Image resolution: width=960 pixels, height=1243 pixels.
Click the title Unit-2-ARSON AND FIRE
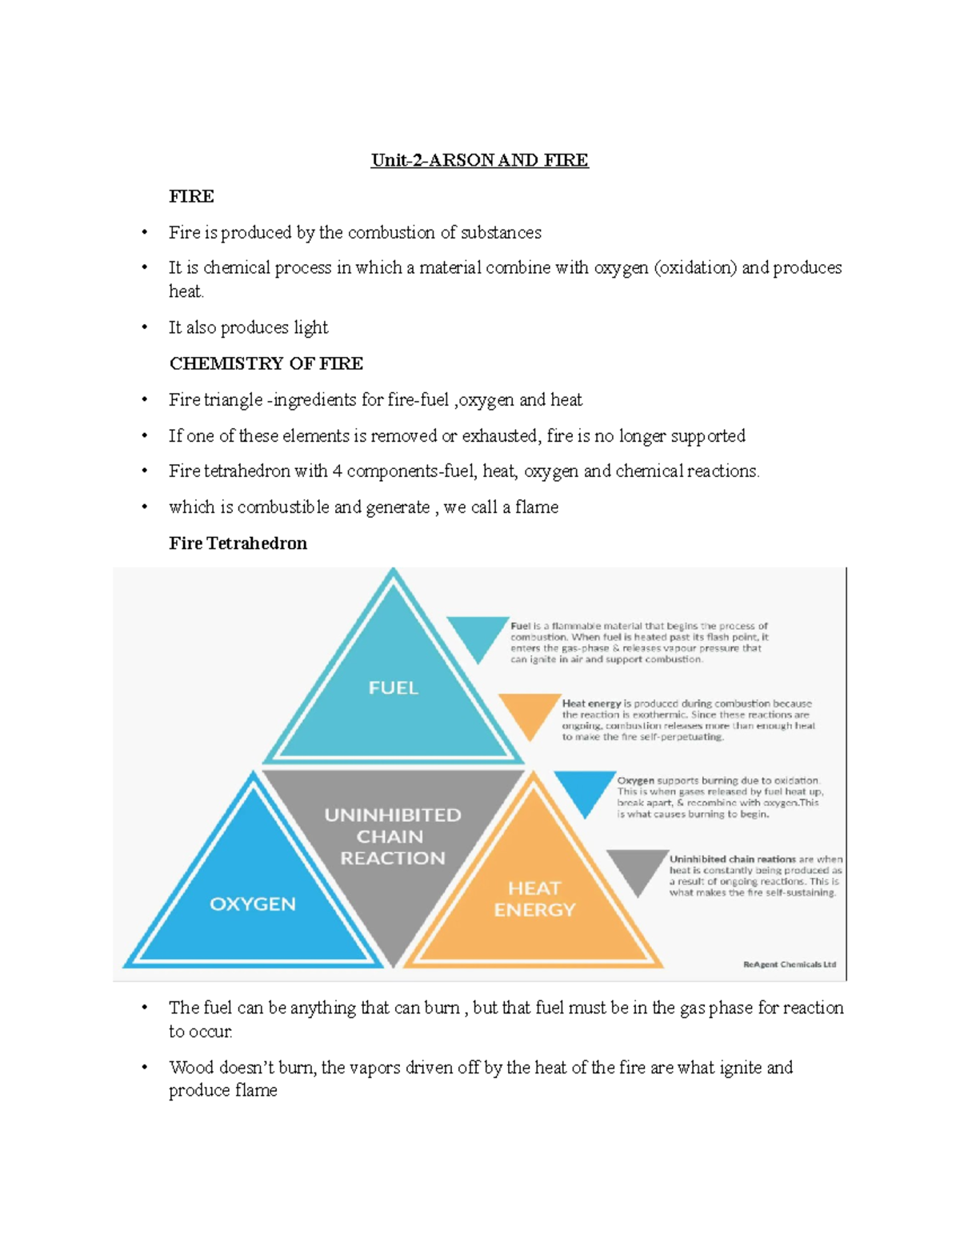479,160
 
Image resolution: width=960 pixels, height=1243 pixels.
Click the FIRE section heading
191,196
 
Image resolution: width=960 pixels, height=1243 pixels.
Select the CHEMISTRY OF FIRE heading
266,363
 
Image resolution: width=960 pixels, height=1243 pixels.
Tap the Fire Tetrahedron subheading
238,543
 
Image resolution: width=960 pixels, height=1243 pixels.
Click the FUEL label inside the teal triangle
393,688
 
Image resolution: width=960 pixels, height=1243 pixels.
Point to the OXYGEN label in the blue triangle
253,904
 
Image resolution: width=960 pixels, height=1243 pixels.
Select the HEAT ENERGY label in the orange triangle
534,899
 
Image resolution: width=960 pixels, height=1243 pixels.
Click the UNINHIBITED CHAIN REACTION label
392,836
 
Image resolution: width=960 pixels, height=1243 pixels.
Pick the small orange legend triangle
529,712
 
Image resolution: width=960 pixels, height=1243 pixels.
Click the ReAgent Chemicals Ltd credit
789,964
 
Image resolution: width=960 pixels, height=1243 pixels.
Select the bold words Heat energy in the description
591,704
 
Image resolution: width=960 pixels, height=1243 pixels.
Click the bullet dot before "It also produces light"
145,327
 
